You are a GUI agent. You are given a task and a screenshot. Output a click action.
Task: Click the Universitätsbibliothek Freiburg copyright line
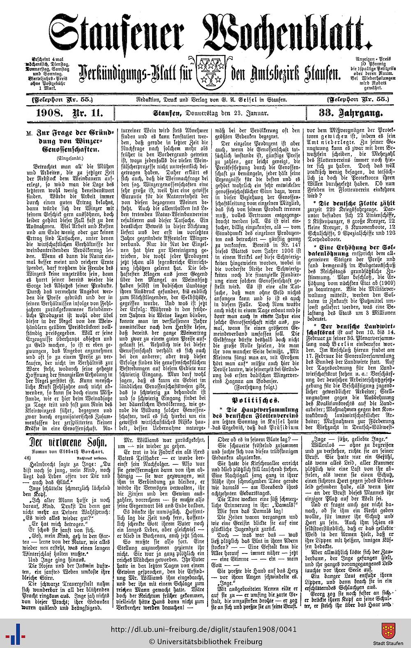205,641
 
